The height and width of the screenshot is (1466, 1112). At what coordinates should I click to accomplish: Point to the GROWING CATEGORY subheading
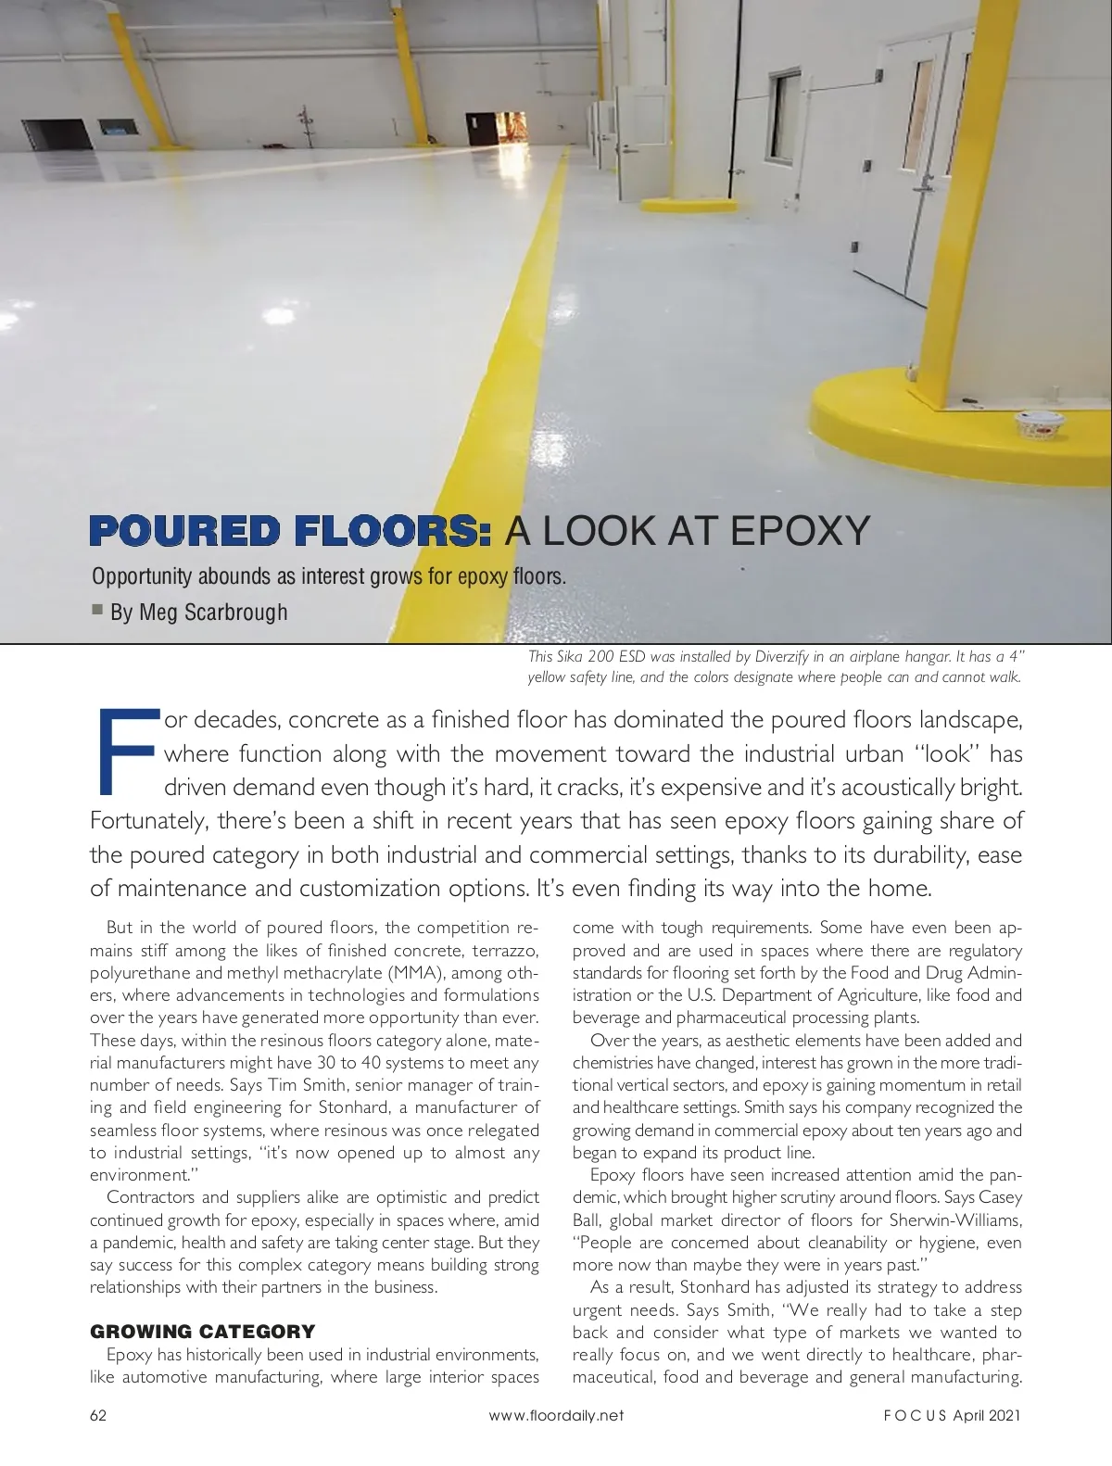coord(202,1332)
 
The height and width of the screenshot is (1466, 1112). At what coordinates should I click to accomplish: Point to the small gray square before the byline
coord(97,610)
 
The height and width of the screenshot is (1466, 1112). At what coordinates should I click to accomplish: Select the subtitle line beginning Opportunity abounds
coord(328,576)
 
